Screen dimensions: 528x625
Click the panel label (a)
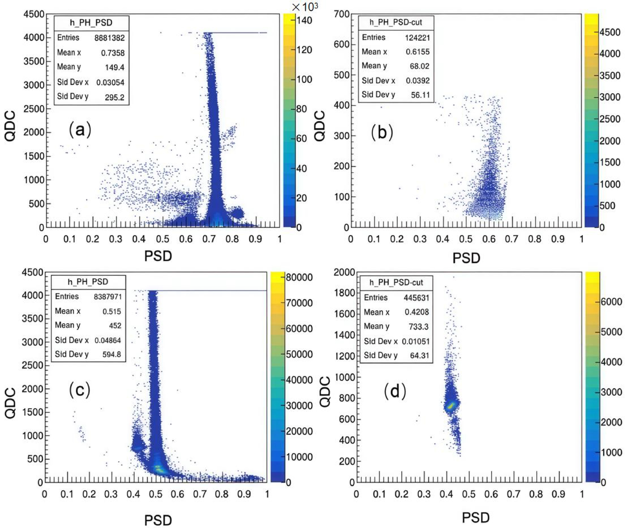click(80, 130)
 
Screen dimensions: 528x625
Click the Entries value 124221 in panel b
click(417, 38)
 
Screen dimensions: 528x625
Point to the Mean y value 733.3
click(418, 327)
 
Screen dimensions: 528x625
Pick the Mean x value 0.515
click(112, 311)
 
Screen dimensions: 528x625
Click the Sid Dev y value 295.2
click(114, 97)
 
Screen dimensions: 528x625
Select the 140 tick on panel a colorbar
click(304, 21)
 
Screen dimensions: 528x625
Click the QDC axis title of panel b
click(320, 126)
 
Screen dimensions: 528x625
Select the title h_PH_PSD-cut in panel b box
click(396, 22)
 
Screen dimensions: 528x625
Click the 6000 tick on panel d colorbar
click(611, 302)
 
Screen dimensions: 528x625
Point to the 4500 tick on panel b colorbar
click(609, 32)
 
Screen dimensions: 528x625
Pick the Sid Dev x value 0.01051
click(416, 341)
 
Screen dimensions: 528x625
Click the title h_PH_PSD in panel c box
click(88, 282)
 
